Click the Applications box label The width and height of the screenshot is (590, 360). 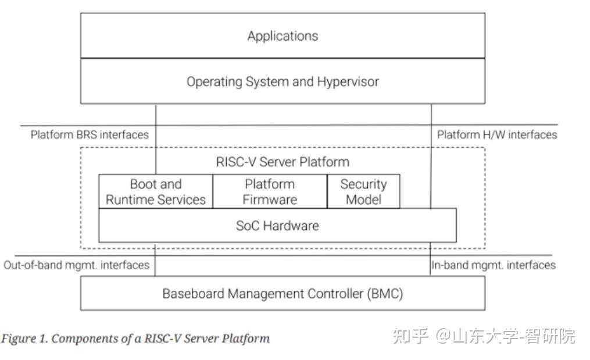click(x=283, y=36)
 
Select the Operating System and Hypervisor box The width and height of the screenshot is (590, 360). click(x=283, y=81)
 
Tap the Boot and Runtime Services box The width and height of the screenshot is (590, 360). click(x=156, y=192)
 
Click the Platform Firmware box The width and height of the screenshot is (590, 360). click(x=270, y=192)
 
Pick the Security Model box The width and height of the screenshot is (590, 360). click(x=363, y=192)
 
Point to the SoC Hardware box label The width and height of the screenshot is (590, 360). click(x=277, y=226)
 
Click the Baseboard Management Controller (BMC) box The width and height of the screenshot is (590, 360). click(x=283, y=294)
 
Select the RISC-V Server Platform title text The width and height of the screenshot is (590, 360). click(x=283, y=162)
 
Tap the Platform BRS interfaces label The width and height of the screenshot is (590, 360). click(x=90, y=135)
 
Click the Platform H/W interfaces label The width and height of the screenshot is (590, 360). click(x=497, y=135)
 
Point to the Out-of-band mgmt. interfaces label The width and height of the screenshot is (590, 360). click(x=76, y=265)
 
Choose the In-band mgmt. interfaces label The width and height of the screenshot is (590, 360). click(x=494, y=265)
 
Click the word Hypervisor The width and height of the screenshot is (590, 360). click(x=348, y=82)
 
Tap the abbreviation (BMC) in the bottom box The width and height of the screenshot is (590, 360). click(x=385, y=294)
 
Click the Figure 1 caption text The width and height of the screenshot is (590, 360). click(x=135, y=338)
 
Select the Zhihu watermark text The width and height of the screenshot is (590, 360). click(x=484, y=336)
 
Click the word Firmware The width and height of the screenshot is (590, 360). click(x=270, y=199)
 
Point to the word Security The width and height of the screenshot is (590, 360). click(x=363, y=184)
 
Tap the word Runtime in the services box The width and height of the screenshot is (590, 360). click(x=131, y=199)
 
